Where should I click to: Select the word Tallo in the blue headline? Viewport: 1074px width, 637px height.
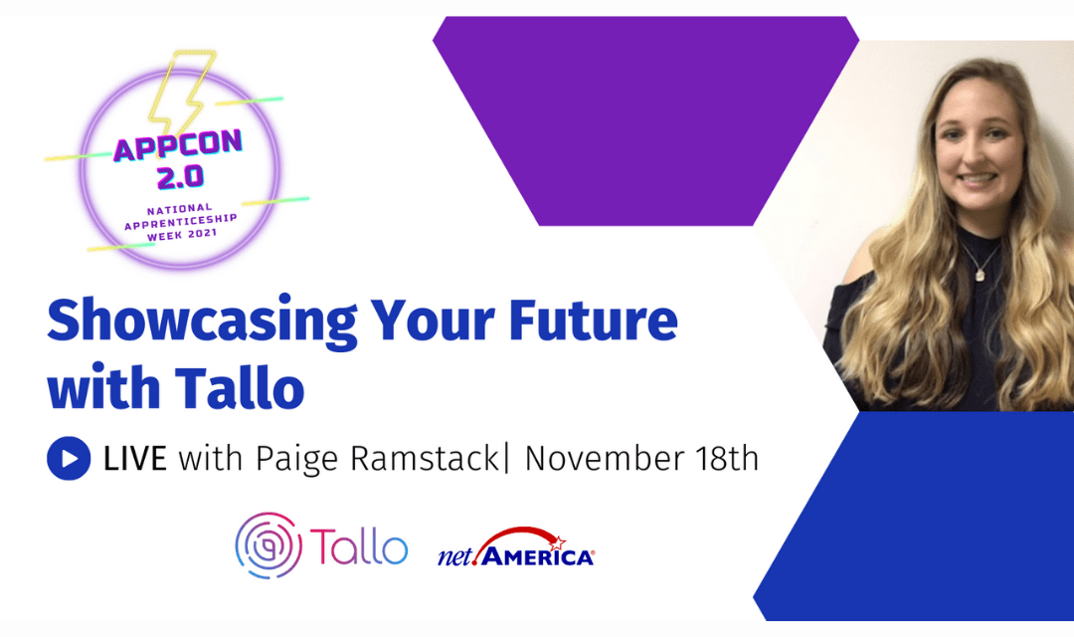[239, 387]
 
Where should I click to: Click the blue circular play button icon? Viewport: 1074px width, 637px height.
[69, 458]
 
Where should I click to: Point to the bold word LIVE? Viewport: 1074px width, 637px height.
[135, 458]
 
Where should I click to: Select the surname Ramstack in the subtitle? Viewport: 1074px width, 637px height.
[425, 458]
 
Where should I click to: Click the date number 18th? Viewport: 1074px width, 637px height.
[727, 458]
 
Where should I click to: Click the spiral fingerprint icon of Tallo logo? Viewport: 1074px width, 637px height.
[268, 545]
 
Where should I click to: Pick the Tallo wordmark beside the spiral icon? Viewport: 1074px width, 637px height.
[359, 545]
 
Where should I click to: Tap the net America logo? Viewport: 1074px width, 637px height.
[516, 547]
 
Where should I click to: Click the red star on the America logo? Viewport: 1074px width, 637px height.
[557, 543]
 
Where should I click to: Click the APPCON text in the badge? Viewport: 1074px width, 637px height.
[178, 145]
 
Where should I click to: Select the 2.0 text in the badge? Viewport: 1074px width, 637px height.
[180, 177]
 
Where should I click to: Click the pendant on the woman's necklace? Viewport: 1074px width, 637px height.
[980, 275]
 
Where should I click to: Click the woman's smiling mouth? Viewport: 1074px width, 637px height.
[977, 179]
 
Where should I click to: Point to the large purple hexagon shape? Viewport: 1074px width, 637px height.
[646, 120]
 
